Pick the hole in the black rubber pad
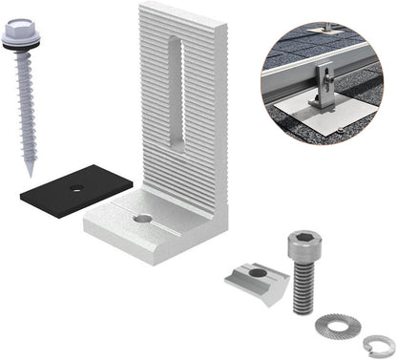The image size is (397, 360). [75, 189]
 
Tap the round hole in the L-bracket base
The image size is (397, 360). [142, 219]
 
